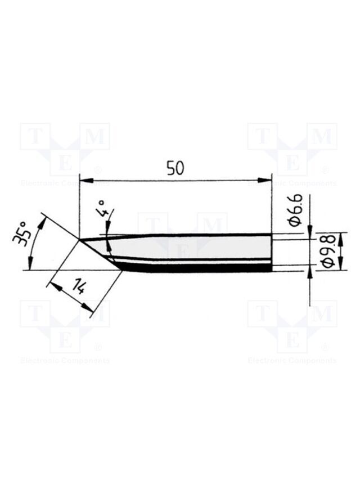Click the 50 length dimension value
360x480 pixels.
click(175, 168)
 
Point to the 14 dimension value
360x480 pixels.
click(77, 287)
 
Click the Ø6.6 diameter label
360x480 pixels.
click(295, 210)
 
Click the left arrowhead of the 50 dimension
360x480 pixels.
click(85, 180)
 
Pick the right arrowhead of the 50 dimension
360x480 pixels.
click(265, 180)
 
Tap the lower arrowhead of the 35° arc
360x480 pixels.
click(30, 263)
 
